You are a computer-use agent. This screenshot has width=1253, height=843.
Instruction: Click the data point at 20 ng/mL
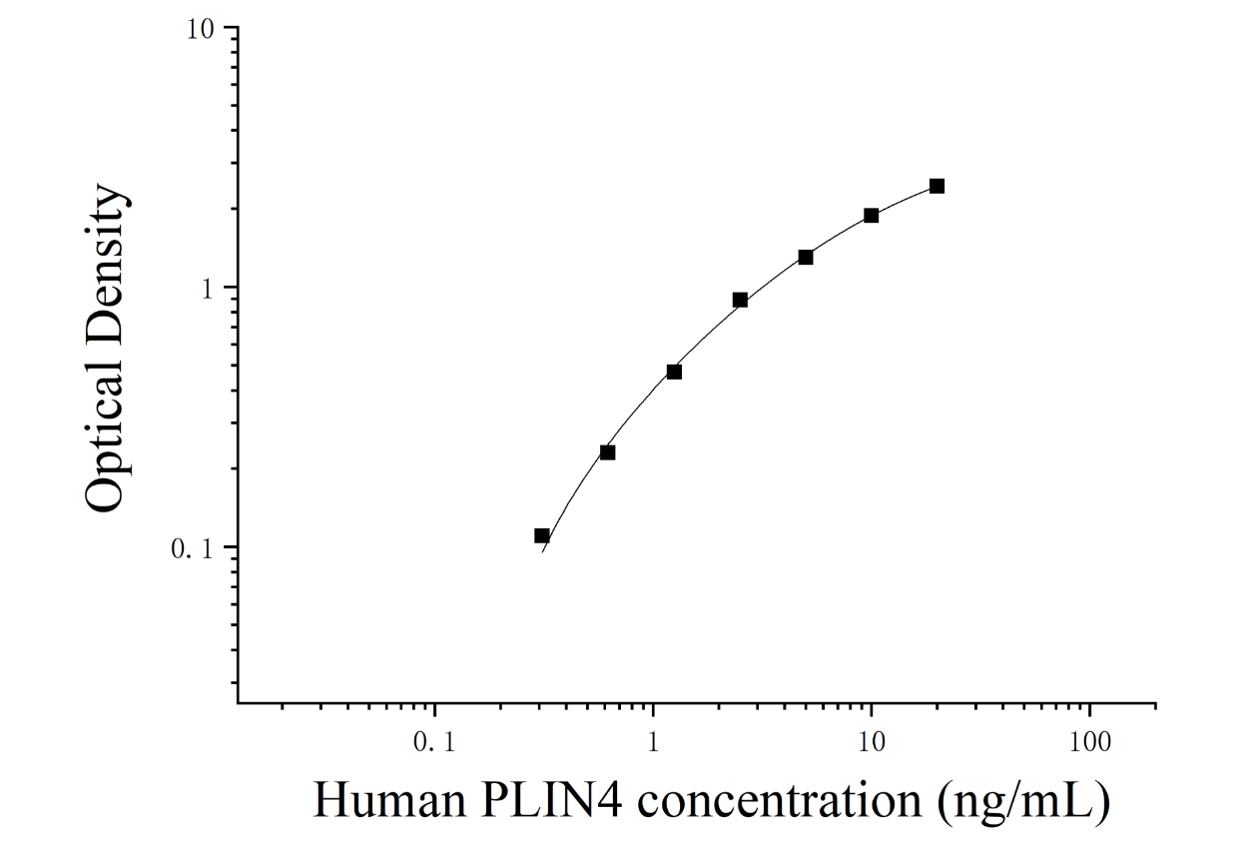point(937,186)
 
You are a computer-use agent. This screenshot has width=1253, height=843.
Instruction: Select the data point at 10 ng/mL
point(871,216)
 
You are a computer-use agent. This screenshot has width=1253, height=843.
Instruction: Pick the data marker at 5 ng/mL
point(806,257)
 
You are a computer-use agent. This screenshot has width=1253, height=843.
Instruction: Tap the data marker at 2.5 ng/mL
point(740,300)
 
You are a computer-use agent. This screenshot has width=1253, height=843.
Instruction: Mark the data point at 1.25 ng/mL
point(674,372)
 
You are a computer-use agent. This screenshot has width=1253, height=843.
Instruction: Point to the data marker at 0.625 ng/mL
point(607,452)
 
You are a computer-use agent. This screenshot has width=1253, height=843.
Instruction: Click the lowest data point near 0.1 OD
point(541,535)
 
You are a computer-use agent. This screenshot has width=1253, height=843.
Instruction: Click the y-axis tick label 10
point(201,30)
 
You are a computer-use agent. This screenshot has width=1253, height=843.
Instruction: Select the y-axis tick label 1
point(208,290)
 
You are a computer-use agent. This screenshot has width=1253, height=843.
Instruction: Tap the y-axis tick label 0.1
point(193,549)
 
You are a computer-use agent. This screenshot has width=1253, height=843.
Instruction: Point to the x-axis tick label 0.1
point(434,742)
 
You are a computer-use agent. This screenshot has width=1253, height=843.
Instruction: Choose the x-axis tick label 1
point(653,742)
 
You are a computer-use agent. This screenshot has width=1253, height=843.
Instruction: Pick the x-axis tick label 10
point(871,742)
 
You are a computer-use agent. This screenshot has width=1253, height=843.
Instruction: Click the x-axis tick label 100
point(1089,742)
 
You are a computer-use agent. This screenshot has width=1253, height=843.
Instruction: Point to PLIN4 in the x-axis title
point(550,800)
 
